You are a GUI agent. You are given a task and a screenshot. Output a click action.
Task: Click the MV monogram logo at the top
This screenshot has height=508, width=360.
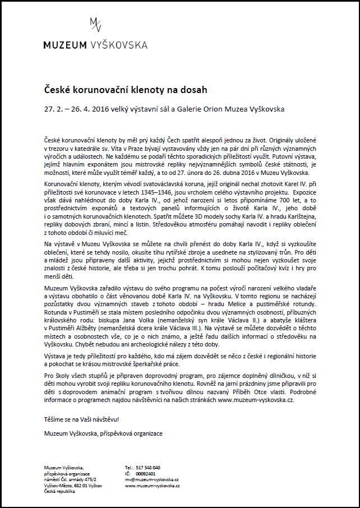[x=96, y=25]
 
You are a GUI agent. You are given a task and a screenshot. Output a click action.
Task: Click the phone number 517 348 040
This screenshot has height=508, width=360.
[x=148, y=467]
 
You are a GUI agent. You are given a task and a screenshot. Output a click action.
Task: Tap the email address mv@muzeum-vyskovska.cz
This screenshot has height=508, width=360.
[x=151, y=479]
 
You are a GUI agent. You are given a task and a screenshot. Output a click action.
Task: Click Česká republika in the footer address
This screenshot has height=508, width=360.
[x=59, y=492]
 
